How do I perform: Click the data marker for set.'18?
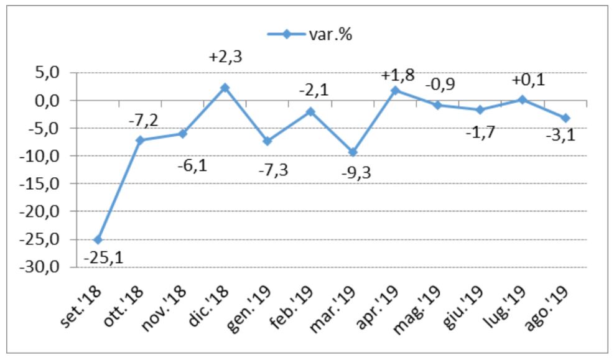click(x=98, y=239)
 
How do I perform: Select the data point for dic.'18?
click(x=225, y=88)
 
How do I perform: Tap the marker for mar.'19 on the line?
click(x=353, y=152)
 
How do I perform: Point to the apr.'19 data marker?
click(x=395, y=90)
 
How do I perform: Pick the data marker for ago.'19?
click(x=565, y=118)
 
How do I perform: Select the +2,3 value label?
click(x=225, y=57)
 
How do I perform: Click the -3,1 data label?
click(x=561, y=134)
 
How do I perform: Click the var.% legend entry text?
click(x=330, y=34)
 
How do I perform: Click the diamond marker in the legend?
click(x=286, y=34)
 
